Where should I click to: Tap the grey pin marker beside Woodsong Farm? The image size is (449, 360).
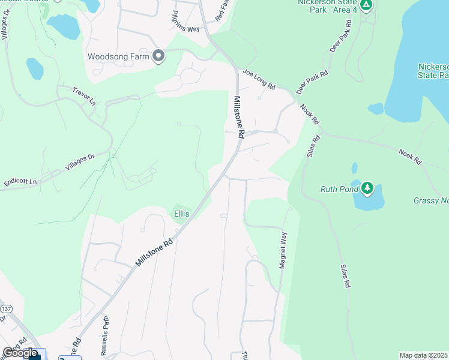pos(158,56)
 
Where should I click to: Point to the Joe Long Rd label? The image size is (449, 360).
pos(259,79)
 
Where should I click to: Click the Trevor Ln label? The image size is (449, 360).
pos(83,94)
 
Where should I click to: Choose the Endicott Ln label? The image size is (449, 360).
pos(20,181)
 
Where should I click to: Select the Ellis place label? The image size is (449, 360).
pos(181,214)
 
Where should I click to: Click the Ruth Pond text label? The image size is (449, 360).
pos(339,190)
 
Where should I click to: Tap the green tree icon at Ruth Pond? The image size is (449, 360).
pos(367,188)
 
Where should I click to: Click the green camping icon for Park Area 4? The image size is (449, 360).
pos(367,5)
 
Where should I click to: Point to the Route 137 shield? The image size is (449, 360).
pos(5,308)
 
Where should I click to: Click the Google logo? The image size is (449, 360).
pos(20,353)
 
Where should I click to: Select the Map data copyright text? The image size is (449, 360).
pos(424,355)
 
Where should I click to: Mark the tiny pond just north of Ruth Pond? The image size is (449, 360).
pos(354,167)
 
